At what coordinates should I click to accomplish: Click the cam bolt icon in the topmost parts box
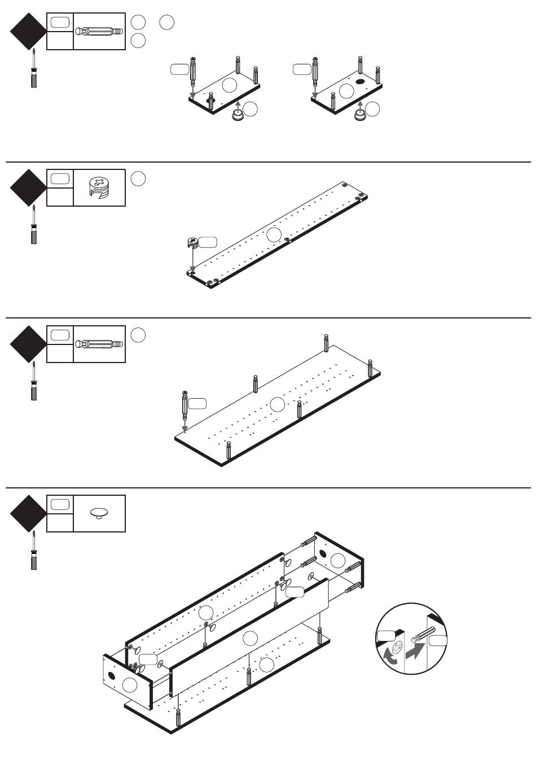(99, 31)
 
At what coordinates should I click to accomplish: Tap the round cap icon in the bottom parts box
(99, 513)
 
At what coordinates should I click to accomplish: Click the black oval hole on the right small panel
(361, 82)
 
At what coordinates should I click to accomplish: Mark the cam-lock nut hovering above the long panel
(192, 243)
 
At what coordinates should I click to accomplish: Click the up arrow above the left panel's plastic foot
(238, 105)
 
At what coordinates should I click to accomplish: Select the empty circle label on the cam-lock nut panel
(274, 234)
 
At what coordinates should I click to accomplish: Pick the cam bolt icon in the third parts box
(99, 344)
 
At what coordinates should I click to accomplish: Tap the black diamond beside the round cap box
(28, 513)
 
